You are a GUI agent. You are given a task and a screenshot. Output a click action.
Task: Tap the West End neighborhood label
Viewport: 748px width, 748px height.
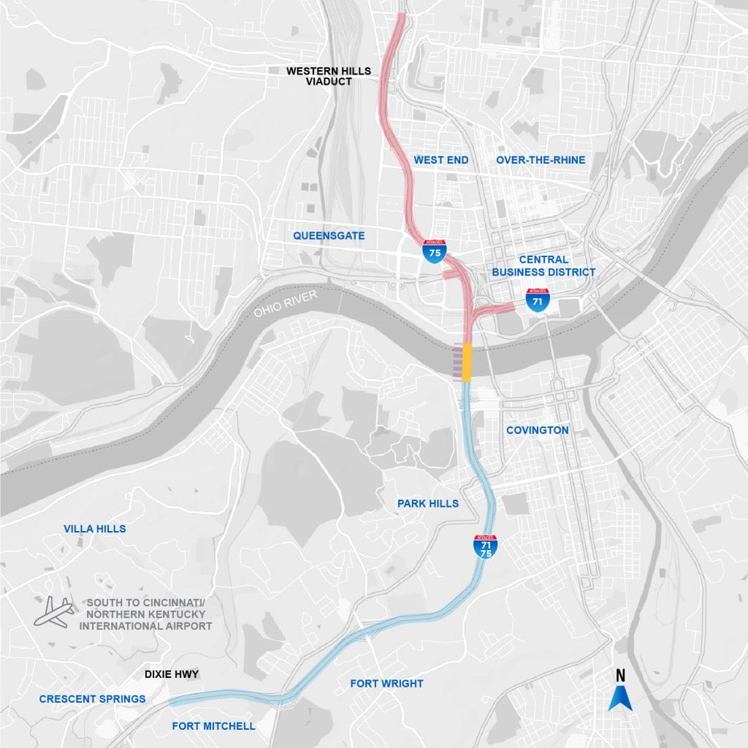[x=440, y=160]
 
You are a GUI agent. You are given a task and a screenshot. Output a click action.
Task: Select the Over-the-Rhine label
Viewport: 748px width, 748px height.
[x=541, y=160]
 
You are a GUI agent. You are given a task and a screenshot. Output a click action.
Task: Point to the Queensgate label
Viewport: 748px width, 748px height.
[x=329, y=236]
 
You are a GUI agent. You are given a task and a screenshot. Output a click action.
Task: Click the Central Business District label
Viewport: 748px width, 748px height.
[x=543, y=266]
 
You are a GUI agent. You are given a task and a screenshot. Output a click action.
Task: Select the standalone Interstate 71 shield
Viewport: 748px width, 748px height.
[x=537, y=299]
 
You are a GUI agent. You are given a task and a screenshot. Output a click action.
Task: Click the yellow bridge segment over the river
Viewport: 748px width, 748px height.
[x=467, y=362]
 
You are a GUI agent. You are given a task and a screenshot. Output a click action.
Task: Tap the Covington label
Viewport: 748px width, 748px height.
[x=537, y=430]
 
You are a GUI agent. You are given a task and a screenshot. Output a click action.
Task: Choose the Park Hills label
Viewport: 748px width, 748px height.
[x=428, y=503]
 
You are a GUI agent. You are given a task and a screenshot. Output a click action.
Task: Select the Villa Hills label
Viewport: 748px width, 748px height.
[x=95, y=529]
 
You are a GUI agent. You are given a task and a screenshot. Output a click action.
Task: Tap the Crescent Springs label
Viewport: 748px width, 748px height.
[x=92, y=699]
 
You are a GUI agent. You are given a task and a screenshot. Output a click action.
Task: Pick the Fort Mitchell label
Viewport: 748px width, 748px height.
[x=213, y=726]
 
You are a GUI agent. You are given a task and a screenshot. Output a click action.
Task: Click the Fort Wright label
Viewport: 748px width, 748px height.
[x=386, y=684]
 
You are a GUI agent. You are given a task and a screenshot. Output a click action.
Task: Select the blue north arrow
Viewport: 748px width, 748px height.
[x=620, y=699]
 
